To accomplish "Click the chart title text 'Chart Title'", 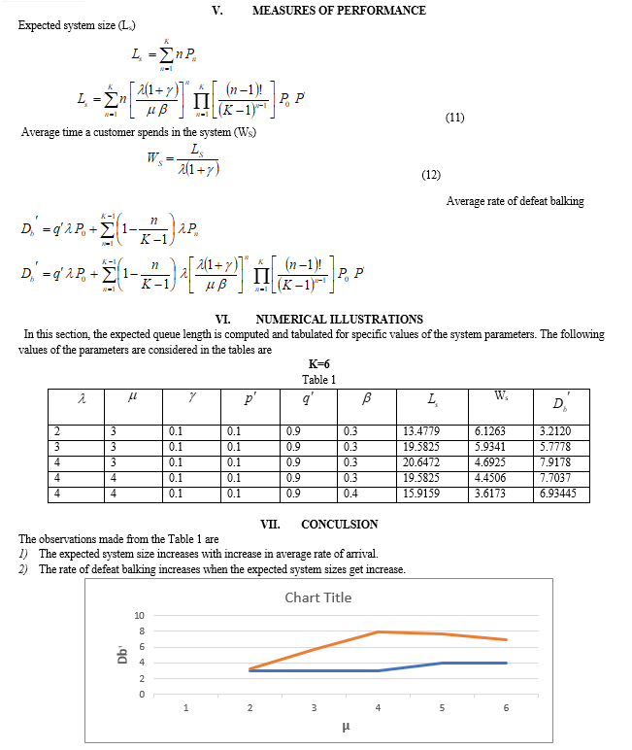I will coord(317,597).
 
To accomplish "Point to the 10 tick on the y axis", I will coord(139,616).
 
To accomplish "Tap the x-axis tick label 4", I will coord(378,707).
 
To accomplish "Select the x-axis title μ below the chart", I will coord(346,726).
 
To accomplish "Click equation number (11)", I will coord(454,118).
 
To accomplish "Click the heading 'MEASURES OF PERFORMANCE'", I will coord(338,11).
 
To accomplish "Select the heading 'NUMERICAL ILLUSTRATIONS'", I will coord(339,319).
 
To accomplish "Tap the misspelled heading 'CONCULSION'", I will coord(340,525).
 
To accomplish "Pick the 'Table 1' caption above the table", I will coord(318,380).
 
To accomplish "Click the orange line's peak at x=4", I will coord(378,631).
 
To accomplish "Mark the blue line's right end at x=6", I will coord(506,663).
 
